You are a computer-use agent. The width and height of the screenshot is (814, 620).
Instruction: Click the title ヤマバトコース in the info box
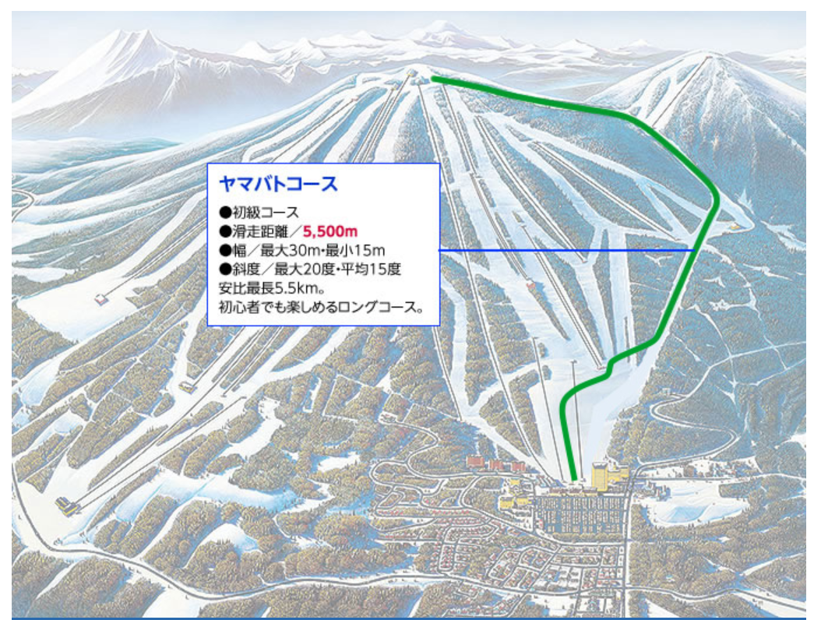[x=278, y=185]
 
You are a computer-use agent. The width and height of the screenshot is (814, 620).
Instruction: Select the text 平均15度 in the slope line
[x=372, y=269]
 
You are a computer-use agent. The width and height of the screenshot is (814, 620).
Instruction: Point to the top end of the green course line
[x=433, y=78]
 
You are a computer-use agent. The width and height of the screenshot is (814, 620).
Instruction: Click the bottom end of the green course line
[x=575, y=479]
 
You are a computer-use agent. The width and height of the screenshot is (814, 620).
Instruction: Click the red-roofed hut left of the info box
[x=101, y=298]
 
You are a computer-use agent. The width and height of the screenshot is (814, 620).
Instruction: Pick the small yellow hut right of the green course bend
[x=734, y=226]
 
